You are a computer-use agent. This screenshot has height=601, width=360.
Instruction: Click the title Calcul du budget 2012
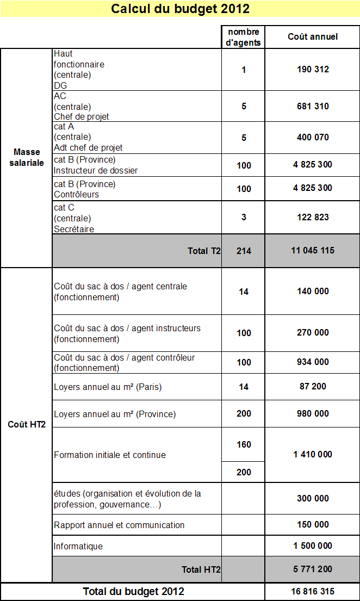point(180,9)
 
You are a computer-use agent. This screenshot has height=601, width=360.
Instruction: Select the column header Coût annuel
point(313,36)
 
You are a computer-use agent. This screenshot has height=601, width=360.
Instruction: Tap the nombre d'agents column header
point(244,37)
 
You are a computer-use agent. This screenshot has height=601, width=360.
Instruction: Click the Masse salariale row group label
point(27,157)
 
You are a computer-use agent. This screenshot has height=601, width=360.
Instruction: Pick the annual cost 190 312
point(313,69)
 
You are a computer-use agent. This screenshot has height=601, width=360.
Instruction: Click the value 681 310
point(313,106)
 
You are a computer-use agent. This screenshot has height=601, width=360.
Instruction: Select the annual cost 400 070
point(313,137)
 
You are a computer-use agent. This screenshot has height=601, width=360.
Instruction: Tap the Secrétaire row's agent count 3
point(244,217)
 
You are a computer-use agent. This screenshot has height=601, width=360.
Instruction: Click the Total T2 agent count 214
point(244,251)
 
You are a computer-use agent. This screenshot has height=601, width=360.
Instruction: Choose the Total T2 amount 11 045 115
point(313,251)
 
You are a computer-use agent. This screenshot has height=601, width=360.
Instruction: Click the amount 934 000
point(313,362)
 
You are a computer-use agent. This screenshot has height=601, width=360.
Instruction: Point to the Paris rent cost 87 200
point(313,386)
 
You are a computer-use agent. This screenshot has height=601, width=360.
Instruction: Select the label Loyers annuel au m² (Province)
point(115,414)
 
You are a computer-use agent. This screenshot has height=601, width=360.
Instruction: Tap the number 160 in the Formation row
point(244,444)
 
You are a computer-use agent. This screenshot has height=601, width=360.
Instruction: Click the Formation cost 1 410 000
point(313,454)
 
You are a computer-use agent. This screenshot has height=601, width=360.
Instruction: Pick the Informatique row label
point(78,546)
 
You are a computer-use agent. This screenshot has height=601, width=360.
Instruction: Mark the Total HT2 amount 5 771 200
point(313,569)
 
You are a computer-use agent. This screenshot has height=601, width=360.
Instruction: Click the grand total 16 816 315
point(313,591)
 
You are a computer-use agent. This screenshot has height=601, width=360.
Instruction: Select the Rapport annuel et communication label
point(119,525)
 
